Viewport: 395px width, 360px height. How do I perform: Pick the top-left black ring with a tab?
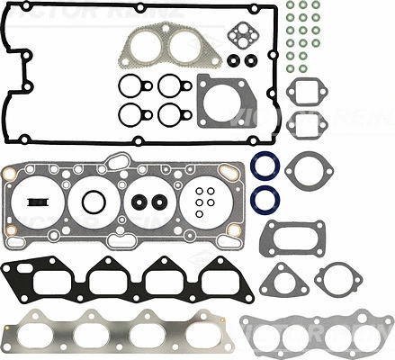(130, 87)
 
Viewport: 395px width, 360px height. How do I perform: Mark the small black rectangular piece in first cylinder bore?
(38, 200)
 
